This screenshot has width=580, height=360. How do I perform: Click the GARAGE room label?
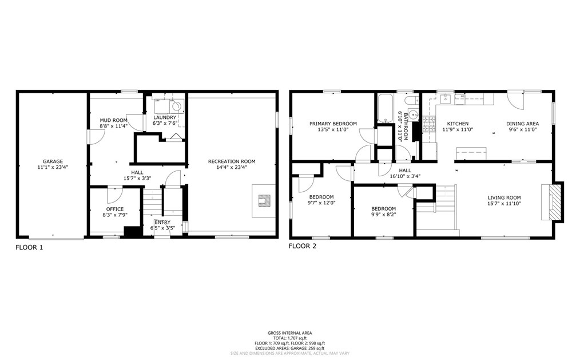pos(53,161)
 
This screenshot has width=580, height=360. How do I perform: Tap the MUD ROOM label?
pos(114,120)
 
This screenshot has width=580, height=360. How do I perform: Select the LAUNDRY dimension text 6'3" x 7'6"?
pos(165,123)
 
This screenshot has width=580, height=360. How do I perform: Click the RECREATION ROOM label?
pos(232,161)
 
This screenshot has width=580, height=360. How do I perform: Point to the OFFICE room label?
pos(115,209)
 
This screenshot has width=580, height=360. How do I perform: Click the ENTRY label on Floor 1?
pos(162,222)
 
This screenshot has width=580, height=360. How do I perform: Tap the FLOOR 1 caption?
pos(29,247)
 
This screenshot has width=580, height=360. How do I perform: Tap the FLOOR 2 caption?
pos(303,246)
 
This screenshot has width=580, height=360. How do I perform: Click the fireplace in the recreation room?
pos(264,200)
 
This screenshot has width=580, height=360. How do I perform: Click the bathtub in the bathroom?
pos(385,108)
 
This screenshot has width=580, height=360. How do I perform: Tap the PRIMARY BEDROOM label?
pos(333,124)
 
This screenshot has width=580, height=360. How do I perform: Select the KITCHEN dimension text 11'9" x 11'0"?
pos(458,129)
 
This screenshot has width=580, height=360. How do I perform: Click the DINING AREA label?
pos(523,124)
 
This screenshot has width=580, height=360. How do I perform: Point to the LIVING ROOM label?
pos(504,197)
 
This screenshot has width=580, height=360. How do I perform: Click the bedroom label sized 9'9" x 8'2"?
pos(384,209)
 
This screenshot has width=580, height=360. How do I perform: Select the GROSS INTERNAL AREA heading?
pos(289,333)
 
